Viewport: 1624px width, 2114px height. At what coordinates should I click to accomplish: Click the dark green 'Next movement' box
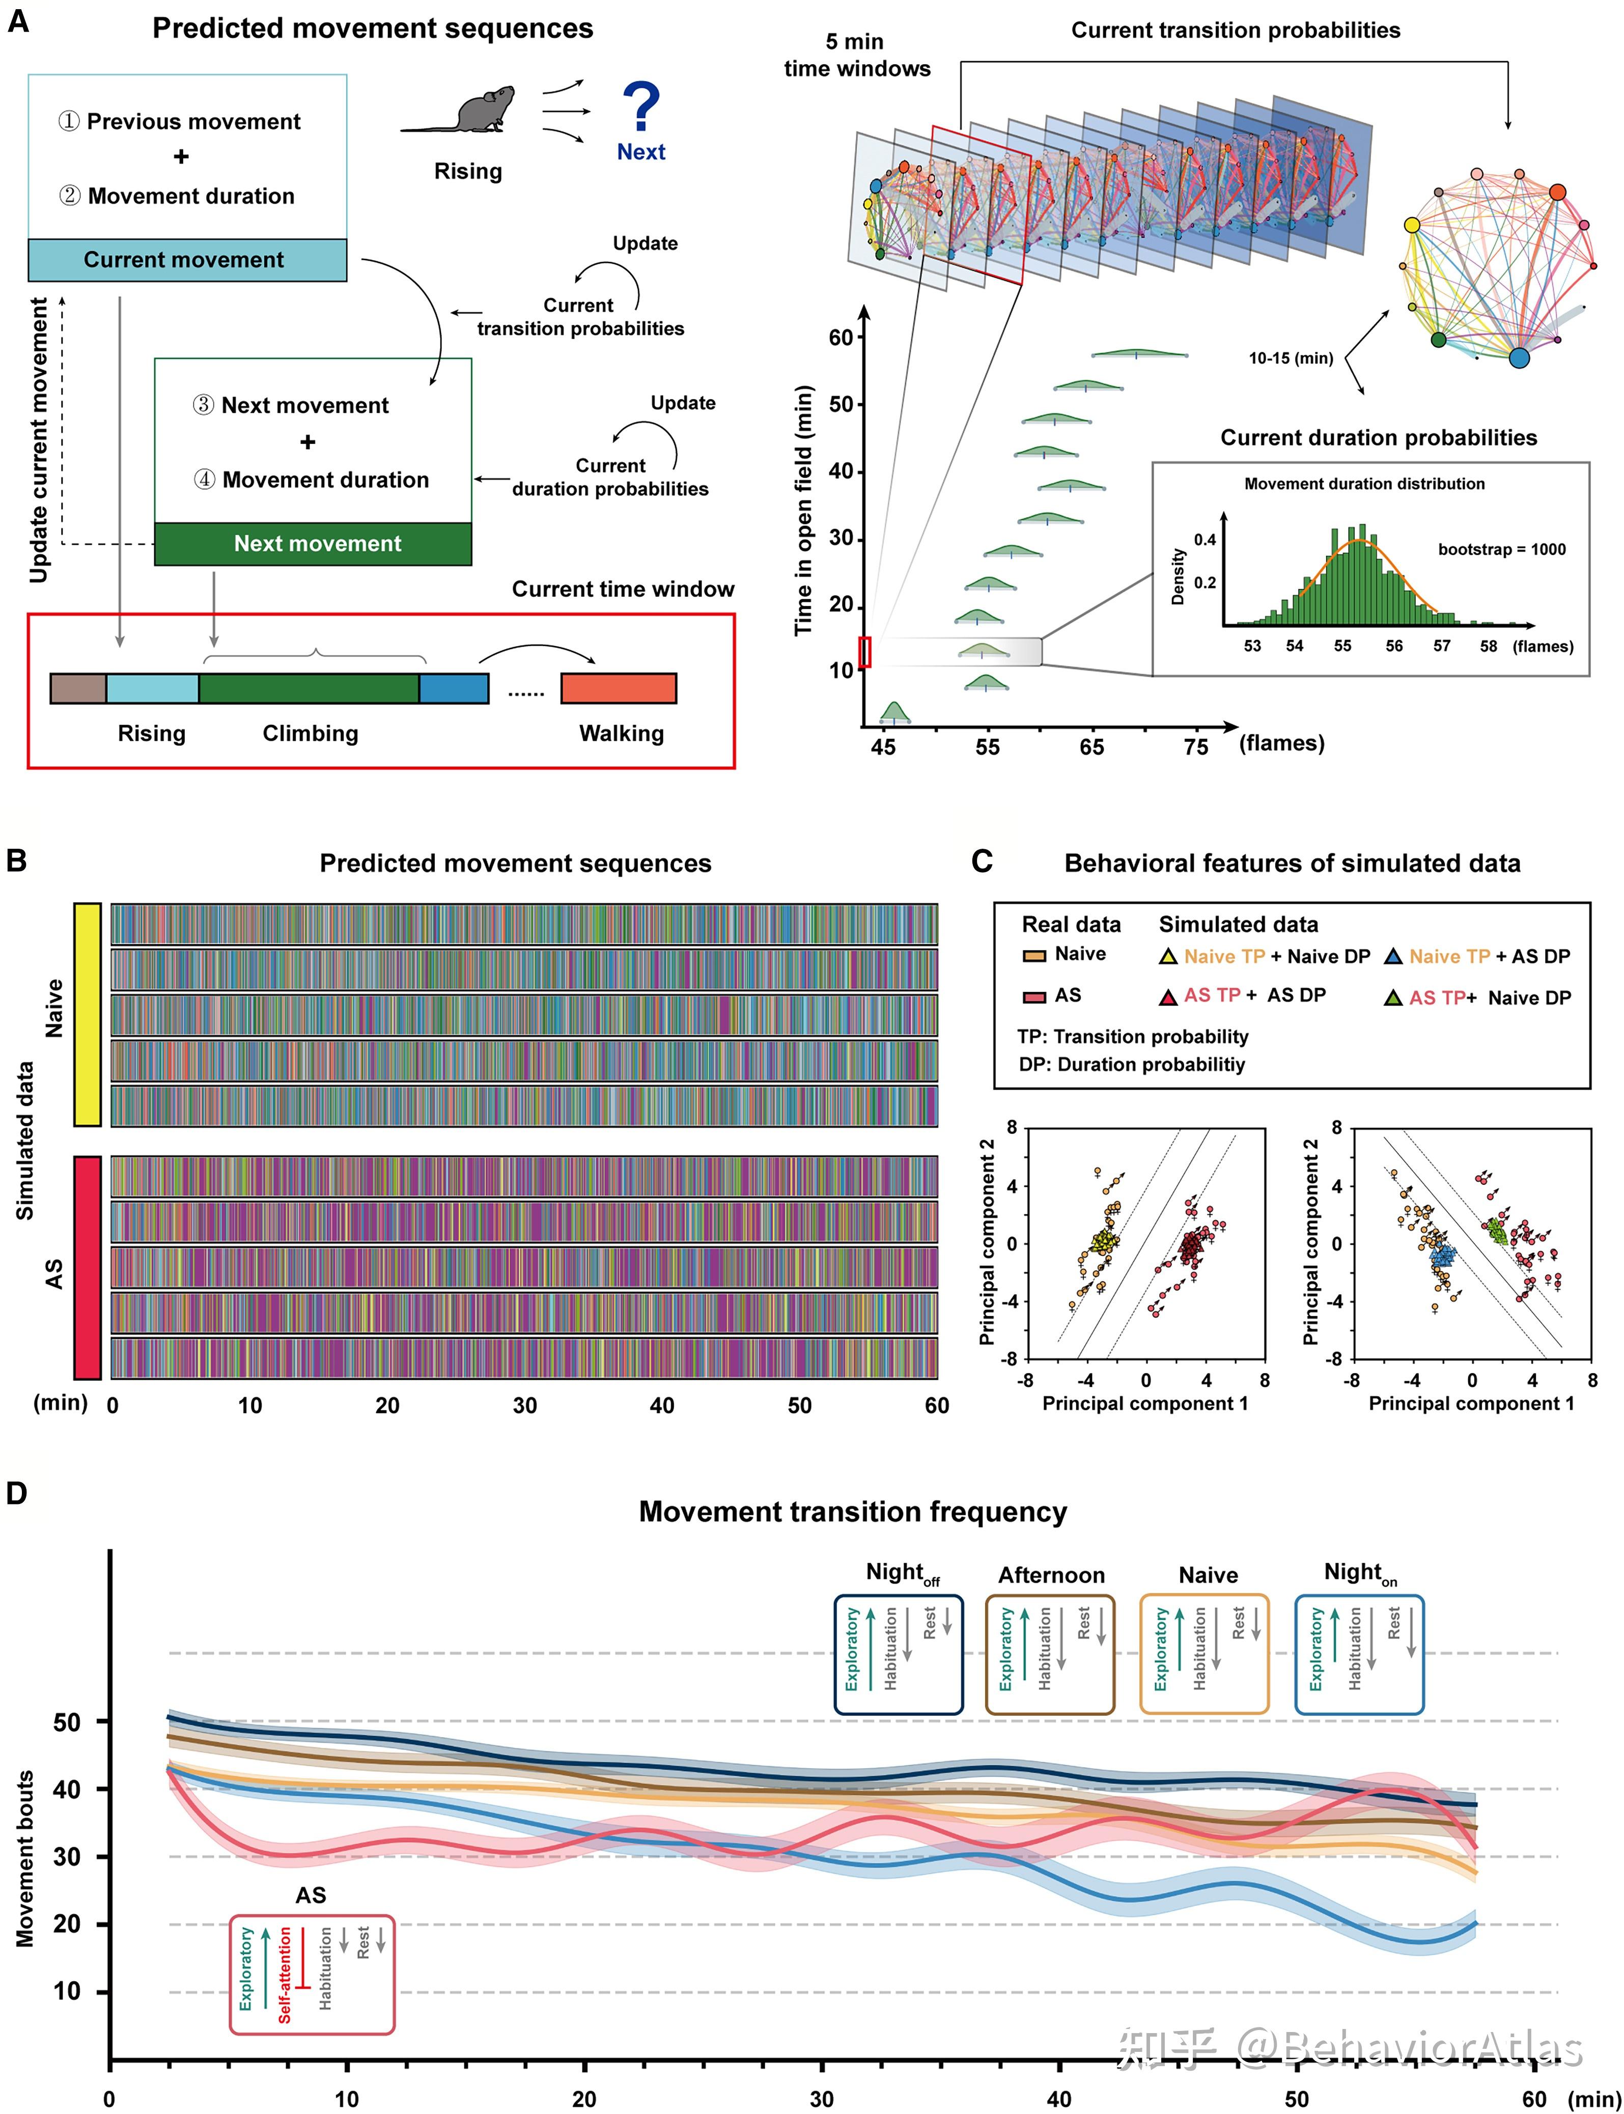click(313, 544)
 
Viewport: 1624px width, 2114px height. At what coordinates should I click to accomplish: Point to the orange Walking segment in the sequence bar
click(619, 688)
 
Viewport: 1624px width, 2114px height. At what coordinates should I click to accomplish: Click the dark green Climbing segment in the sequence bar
click(310, 688)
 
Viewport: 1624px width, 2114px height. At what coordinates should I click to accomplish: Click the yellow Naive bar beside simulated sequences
click(87, 1015)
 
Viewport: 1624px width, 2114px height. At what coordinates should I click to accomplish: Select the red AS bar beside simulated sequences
click(87, 1267)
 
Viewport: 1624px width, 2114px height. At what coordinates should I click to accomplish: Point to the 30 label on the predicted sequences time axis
click(525, 1405)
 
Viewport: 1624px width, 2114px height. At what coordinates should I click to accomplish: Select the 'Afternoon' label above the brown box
click(1052, 1576)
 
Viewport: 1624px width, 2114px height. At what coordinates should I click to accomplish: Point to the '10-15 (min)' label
click(1291, 358)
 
